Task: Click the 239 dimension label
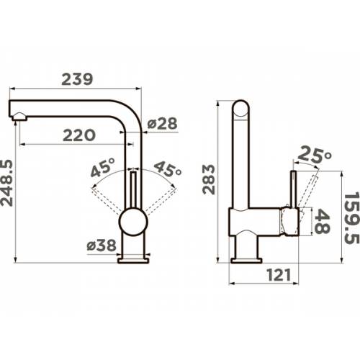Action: (x=77, y=79)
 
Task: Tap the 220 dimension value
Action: (x=79, y=135)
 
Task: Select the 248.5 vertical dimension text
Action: (x=6, y=183)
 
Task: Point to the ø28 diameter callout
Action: (x=162, y=124)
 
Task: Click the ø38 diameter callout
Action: (x=102, y=246)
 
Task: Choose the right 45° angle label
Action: (x=168, y=168)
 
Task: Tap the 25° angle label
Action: (x=315, y=155)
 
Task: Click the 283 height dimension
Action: (x=208, y=179)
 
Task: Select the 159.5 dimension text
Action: (x=352, y=217)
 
